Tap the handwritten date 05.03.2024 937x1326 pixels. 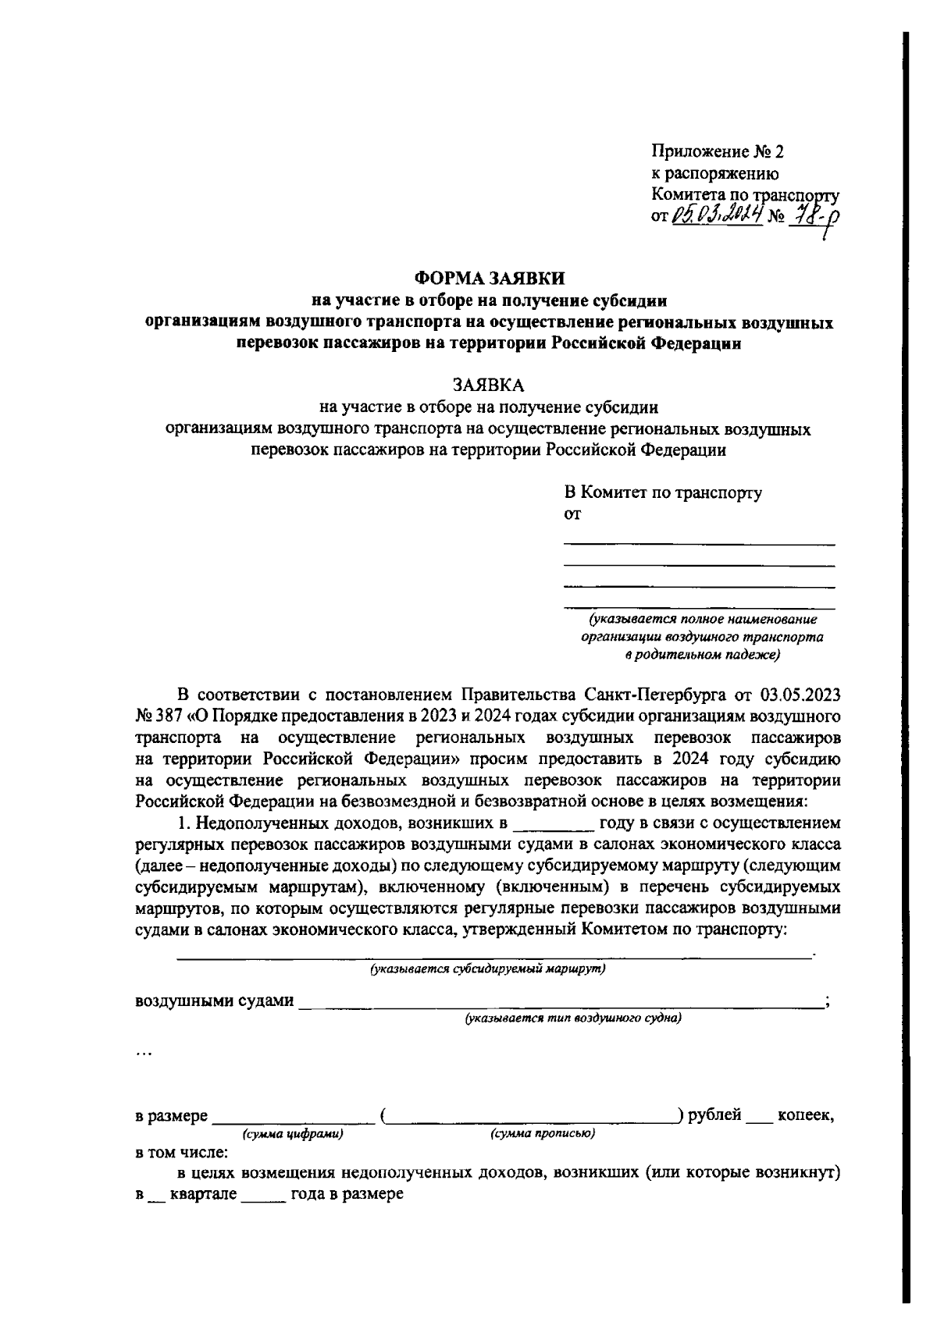point(716,213)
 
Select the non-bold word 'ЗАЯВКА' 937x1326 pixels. point(490,386)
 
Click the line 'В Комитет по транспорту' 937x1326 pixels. point(663,492)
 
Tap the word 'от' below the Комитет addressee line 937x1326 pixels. point(572,514)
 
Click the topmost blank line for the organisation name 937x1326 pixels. point(699,542)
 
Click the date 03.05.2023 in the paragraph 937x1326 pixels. point(799,694)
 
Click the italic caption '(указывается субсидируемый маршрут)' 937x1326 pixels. point(488,969)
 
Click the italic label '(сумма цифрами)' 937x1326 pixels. point(293,1134)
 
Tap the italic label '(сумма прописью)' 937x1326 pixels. point(543,1134)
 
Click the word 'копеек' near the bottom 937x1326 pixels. point(804,1116)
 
